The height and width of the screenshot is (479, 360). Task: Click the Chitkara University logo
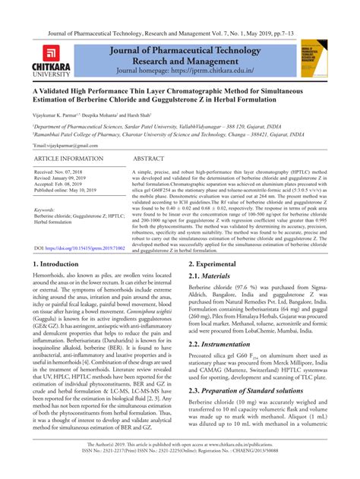coord(53,59)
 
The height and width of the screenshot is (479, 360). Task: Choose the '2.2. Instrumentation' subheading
coord(226,344)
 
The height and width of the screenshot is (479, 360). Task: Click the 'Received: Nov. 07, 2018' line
coord(65,172)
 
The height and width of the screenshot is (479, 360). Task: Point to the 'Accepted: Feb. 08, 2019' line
coord(65,184)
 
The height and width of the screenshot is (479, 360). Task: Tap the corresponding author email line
coord(68,144)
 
